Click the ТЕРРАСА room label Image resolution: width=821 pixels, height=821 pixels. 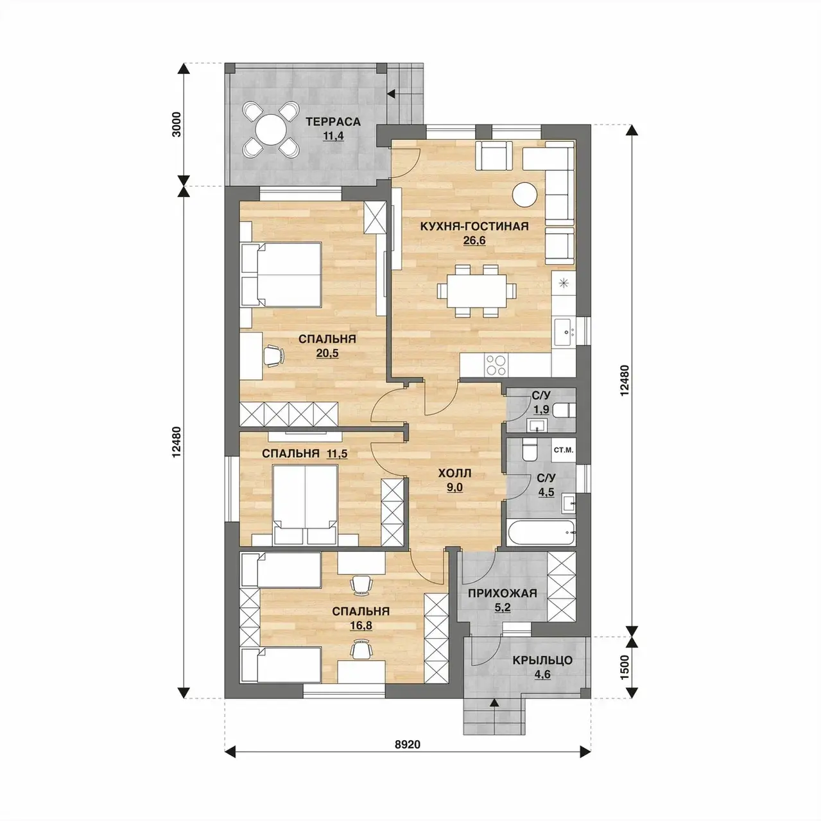(x=333, y=122)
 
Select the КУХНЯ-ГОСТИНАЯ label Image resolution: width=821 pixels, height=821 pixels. (x=474, y=226)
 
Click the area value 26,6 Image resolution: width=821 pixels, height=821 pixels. (x=474, y=241)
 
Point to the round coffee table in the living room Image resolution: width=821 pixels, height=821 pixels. (x=525, y=194)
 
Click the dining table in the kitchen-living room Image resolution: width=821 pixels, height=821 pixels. (x=477, y=291)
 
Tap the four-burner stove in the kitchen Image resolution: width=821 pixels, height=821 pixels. (x=496, y=365)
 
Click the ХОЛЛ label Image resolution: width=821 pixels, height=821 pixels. (x=454, y=473)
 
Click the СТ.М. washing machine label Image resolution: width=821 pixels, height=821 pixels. (x=563, y=450)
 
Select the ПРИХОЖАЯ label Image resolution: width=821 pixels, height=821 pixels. (x=503, y=593)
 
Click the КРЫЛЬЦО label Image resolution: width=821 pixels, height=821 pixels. (x=542, y=661)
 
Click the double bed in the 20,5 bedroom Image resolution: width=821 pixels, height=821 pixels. (x=281, y=274)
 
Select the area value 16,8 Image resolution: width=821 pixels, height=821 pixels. (x=361, y=625)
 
